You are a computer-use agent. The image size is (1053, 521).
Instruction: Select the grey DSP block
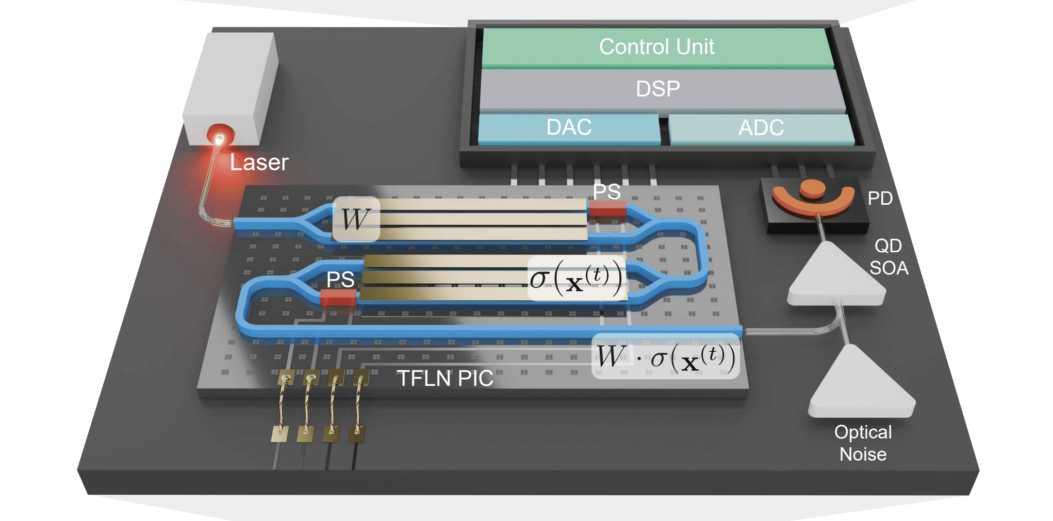(x=657, y=89)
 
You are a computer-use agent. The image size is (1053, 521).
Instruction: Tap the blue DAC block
(x=569, y=127)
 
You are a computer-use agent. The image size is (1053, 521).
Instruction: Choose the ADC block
(x=761, y=128)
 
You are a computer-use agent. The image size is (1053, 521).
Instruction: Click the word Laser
(x=259, y=162)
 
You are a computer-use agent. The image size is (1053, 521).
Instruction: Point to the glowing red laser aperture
(x=220, y=137)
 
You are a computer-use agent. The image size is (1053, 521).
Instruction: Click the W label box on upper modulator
(x=356, y=219)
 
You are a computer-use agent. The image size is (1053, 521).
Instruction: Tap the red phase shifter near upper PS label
(x=607, y=209)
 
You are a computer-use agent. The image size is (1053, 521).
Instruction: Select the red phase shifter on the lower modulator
(x=338, y=297)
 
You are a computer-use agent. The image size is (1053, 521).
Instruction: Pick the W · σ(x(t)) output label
(x=665, y=357)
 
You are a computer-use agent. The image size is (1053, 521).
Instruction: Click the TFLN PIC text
(x=445, y=379)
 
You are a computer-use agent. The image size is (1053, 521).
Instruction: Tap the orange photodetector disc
(x=812, y=189)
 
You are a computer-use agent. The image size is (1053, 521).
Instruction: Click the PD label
(x=880, y=199)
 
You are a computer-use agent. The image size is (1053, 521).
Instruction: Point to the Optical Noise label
(x=863, y=443)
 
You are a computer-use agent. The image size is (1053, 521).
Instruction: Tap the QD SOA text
(x=889, y=257)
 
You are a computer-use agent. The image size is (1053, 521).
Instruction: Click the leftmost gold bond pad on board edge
(x=279, y=434)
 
